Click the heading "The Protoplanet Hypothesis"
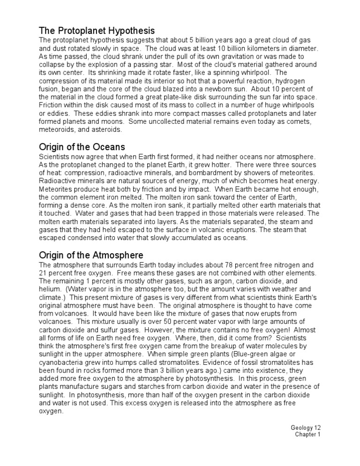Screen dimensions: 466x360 click(97, 30)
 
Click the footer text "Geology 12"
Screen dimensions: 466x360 click(306, 428)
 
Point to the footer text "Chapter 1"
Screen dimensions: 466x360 click(307, 435)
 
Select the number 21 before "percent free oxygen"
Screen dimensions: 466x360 click(43, 273)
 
